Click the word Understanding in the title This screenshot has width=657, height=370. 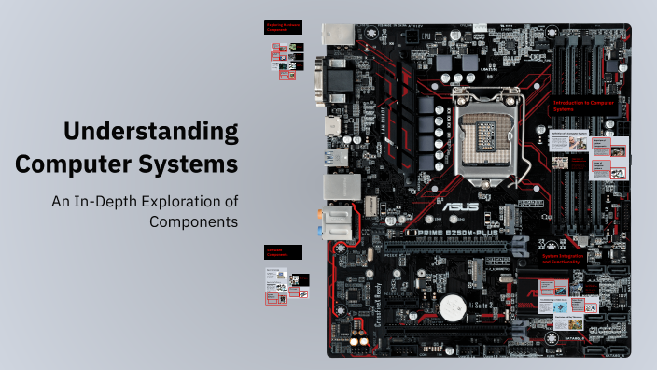(x=150, y=131)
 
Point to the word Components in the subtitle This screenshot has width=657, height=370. (x=194, y=221)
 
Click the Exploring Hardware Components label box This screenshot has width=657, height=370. (x=284, y=28)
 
